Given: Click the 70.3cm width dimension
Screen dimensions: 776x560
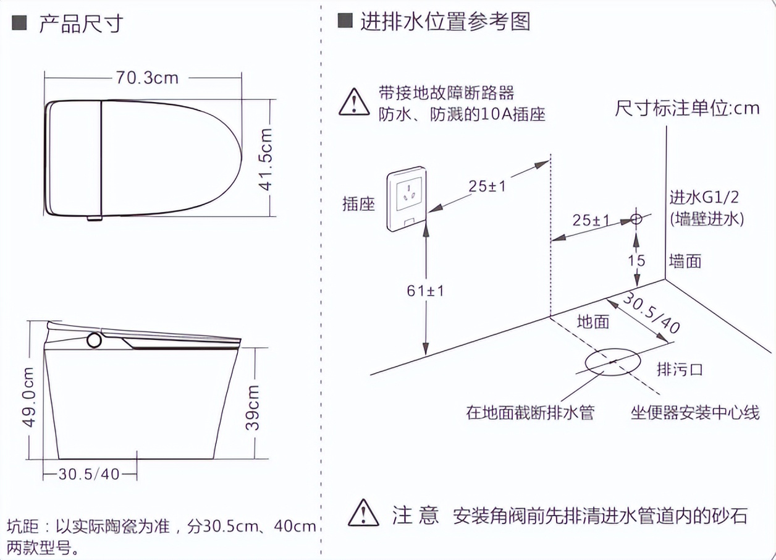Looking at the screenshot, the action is [x=147, y=78].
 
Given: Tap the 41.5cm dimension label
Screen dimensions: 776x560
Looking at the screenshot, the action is [x=266, y=159].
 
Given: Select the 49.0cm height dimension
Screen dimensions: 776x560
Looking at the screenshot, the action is [x=28, y=397].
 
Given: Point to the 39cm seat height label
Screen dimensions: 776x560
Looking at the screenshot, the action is [x=252, y=407].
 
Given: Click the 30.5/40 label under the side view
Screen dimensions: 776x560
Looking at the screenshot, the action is [x=89, y=474].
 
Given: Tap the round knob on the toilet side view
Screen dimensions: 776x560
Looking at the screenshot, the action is [x=95, y=340].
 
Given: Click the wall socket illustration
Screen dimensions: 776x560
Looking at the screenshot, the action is [x=407, y=199].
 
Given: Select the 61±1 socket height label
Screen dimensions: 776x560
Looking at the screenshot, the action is [x=425, y=291].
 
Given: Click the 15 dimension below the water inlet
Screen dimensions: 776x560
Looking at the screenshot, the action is [x=636, y=261].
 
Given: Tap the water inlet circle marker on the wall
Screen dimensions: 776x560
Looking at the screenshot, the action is [x=636, y=219].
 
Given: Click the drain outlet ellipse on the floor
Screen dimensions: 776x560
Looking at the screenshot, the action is [x=613, y=362].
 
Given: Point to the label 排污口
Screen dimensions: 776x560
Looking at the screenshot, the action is [x=680, y=370].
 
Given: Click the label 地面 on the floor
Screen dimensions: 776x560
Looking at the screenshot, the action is [x=593, y=322].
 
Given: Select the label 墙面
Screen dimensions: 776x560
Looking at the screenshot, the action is [x=685, y=261].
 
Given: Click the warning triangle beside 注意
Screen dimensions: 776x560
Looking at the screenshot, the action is [x=363, y=513].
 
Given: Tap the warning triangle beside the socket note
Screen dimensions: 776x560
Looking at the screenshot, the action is [x=354, y=102].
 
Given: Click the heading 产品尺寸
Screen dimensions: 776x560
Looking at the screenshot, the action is [x=81, y=24].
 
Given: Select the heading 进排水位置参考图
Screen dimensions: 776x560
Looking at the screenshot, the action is [x=445, y=22].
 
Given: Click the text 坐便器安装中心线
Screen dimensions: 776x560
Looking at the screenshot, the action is [x=695, y=412].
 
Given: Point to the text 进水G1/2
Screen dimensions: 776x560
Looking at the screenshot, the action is [x=704, y=198].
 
